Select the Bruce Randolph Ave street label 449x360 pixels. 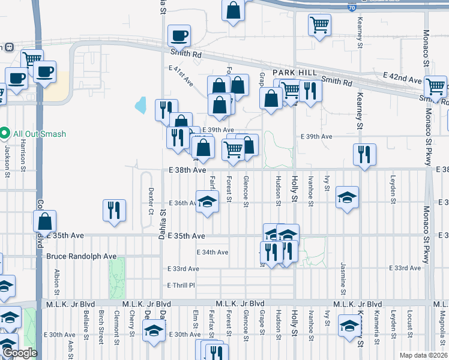coord(81,256)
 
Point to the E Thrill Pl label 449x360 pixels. coord(182,285)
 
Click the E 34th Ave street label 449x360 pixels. coord(212,253)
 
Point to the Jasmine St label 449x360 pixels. coord(343,280)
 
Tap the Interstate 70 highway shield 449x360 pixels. coord(351,7)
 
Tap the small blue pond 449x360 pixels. coord(141,106)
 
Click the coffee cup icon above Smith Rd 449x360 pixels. coord(179,37)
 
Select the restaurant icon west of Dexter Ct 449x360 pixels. coord(114,211)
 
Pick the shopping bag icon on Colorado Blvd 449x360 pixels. coord(45,222)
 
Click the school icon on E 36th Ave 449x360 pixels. coord(207,200)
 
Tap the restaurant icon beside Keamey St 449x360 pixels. coord(364,155)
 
